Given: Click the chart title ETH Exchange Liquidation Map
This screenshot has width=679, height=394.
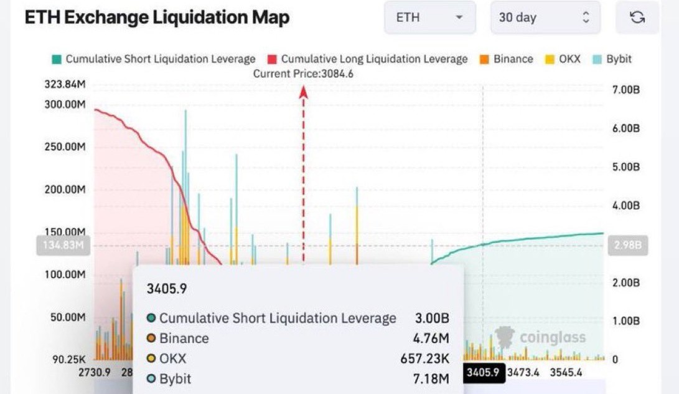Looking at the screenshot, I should pyautogui.click(x=157, y=17).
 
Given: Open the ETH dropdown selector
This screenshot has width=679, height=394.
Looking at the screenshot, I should pyautogui.click(x=429, y=17).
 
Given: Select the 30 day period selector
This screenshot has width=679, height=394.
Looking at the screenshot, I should pyautogui.click(x=545, y=17).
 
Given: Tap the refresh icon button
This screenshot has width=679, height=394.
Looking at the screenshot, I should pyautogui.click(x=637, y=17).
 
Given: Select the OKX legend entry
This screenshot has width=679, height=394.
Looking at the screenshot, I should pyautogui.click(x=563, y=59).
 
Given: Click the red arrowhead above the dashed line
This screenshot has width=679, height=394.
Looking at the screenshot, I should pyautogui.click(x=304, y=92).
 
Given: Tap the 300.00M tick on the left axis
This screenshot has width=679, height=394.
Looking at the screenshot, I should pyautogui.click(x=65, y=104).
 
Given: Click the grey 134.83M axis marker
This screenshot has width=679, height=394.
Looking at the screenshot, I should pyautogui.click(x=63, y=246).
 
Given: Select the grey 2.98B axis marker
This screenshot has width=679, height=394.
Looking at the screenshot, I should pyautogui.click(x=627, y=246).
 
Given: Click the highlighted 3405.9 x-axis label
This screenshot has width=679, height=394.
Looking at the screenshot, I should pyautogui.click(x=483, y=373).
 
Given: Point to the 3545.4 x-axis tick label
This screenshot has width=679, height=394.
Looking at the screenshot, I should pyautogui.click(x=566, y=373).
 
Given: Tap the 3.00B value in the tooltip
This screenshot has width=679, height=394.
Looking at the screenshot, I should pyautogui.click(x=432, y=318).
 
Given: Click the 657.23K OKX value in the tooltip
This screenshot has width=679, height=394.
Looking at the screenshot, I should pyautogui.click(x=424, y=358).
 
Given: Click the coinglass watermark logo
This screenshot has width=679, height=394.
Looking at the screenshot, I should pyautogui.click(x=541, y=337).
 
